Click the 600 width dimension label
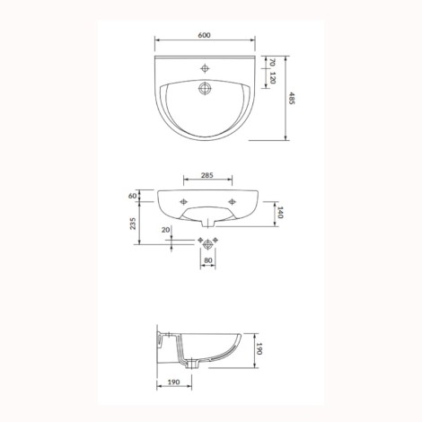204,35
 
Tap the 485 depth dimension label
292,99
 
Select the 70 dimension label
272,63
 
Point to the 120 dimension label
272,78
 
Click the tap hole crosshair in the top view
205,68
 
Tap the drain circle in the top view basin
205,88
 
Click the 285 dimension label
207,175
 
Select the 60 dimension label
132,196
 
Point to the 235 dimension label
133,224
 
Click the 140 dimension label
280,213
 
